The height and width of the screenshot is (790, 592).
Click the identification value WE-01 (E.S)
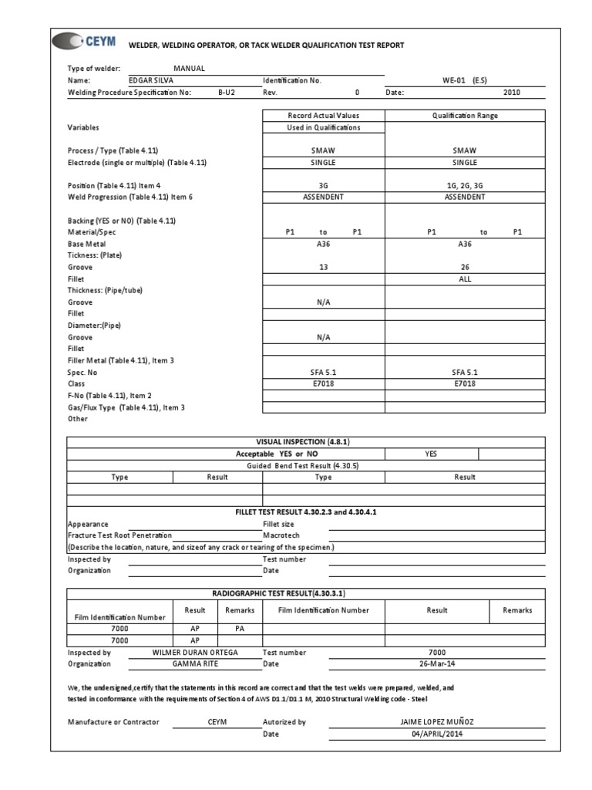tap(464, 80)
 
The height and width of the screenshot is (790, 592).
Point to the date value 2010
tap(512, 92)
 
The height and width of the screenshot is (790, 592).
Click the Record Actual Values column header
tap(324, 116)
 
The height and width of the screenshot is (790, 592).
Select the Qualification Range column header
tap(465, 116)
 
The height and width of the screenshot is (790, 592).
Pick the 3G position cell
tap(324, 186)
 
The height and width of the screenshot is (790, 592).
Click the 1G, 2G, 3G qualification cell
tap(465, 186)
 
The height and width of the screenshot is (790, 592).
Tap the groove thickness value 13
tap(324, 267)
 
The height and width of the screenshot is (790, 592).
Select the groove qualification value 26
tap(465, 267)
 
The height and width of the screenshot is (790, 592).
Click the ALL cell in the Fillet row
tap(465, 279)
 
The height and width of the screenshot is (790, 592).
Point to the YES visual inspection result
tap(431, 454)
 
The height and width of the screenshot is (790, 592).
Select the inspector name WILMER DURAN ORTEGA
tap(194, 652)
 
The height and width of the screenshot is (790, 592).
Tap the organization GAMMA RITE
tap(194, 663)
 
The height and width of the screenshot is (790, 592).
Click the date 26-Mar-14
tap(436, 663)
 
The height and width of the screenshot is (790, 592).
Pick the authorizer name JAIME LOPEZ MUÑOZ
tap(436, 722)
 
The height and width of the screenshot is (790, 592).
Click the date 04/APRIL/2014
tap(436, 734)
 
